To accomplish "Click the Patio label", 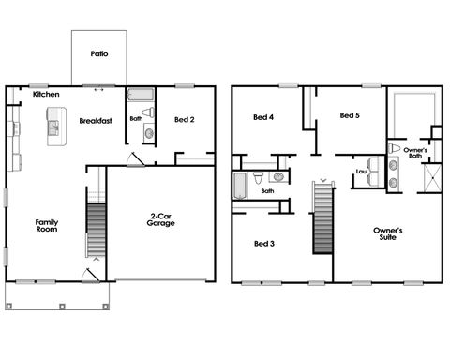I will click(99, 53).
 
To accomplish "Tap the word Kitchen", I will click(46, 95).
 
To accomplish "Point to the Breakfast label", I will click(96, 121).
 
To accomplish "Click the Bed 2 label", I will click(186, 120).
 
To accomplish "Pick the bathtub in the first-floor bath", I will click(140, 95).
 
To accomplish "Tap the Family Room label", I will click(47, 227).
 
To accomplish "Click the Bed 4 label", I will click(263, 117).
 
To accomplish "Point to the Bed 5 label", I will click(350, 115).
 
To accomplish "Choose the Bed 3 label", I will click(263, 243).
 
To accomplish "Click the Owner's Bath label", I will click(417, 152).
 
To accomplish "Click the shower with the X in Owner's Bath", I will click(432, 177).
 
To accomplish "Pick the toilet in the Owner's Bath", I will click(397, 149).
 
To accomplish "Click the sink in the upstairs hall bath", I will click(278, 175).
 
